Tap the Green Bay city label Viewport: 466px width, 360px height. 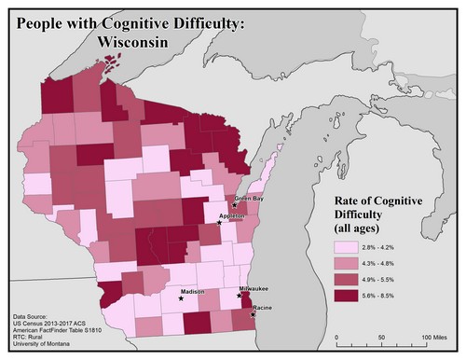coord(248,199)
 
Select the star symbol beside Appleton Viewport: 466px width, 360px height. coord(220,223)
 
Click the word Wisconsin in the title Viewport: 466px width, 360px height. coord(142,42)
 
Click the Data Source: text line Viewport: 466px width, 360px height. coord(35,317)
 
